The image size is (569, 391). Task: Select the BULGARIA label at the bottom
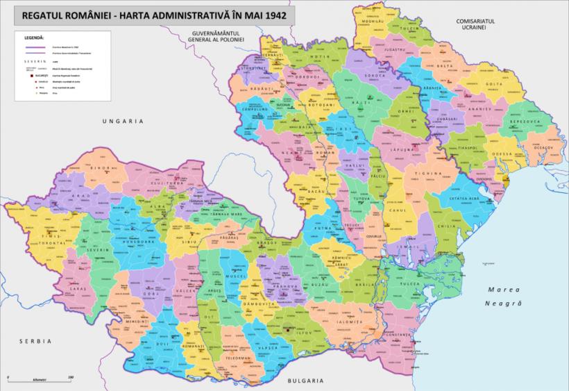point(303,381)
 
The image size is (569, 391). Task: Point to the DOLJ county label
point(162,344)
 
